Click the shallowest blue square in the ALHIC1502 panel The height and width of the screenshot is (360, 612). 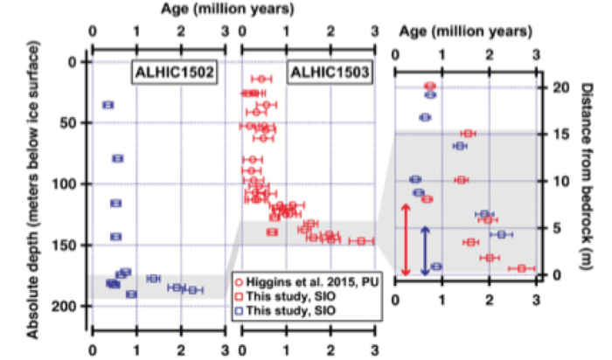tap(108, 105)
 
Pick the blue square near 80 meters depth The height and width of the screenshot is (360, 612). tap(117, 158)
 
